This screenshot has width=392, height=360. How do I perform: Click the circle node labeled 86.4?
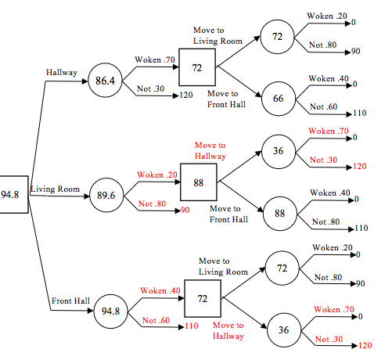[x=104, y=80]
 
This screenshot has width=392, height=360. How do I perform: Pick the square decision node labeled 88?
[x=199, y=181]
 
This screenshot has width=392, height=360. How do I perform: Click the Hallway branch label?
[x=63, y=72]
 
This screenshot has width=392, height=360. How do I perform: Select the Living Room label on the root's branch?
[x=55, y=189]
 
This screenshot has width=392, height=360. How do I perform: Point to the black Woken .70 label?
[x=155, y=59]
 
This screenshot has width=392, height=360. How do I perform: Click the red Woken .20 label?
[x=155, y=175]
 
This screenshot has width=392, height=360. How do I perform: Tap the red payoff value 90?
[x=185, y=211]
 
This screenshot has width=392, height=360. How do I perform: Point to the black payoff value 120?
[x=186, y=95]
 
